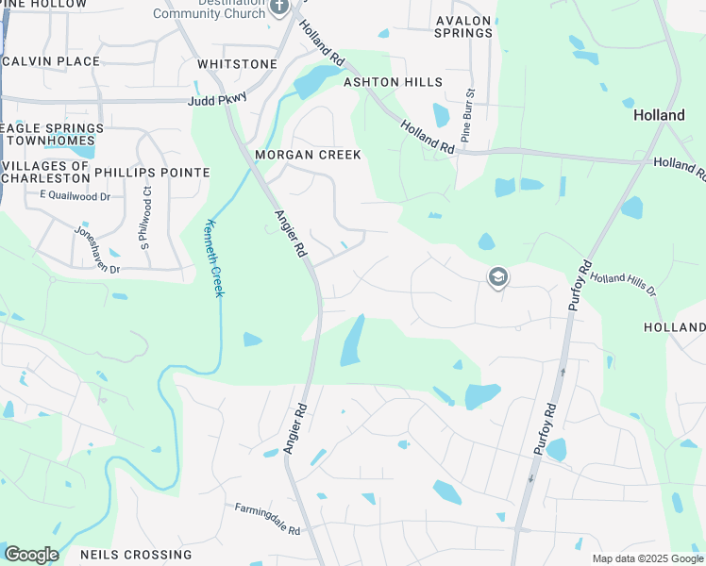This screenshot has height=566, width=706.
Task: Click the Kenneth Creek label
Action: (214, 258)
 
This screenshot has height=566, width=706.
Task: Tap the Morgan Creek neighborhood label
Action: (308, 155)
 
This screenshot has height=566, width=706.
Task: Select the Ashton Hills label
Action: (393, 82)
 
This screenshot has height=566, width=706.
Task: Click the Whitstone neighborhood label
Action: (237, 64)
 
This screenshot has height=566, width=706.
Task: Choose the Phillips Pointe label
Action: (152, 173)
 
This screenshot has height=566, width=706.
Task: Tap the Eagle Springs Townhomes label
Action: (52, 134)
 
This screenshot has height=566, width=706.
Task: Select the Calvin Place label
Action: (53, 61)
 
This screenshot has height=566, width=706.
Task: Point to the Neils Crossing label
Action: (136, 555)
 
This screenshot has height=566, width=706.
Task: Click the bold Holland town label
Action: (659, 115)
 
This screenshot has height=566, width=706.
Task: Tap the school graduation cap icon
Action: (497, 277)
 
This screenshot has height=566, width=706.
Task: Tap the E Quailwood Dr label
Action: (76, 195)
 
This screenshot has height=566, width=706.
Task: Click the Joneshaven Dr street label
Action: (97, 249)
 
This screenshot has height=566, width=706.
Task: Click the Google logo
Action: (31, 555)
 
